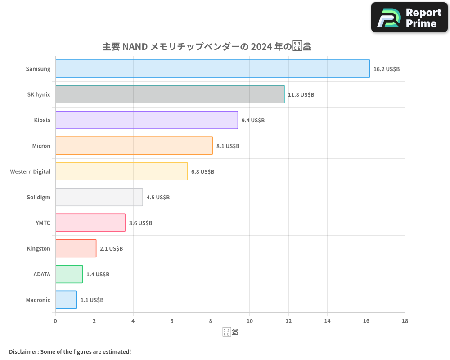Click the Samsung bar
click(x=212, y=69)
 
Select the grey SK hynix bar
click(x=170, y=94)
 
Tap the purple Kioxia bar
click(x=146, y=120)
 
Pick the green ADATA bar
click(x=69, y=274)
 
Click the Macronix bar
click(x=66, y=300)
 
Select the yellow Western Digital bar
click(x=121, y=171)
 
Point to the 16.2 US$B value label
click(x=387, y=69)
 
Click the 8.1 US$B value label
click(x=228, y=146)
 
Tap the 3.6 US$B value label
click(x=140, y=223)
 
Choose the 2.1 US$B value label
click(x=111, y=249)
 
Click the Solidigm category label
click(x=39, y=197)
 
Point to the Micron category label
click(x=41, y=146)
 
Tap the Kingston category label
click(x=38, y=248)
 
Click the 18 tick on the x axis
click(x=405, y=321)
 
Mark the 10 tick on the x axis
click(x=249, y=321)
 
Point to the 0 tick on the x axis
click(x=55, y=321)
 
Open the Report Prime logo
click(x=409, y=18)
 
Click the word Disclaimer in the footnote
click(x=23, y=351)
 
